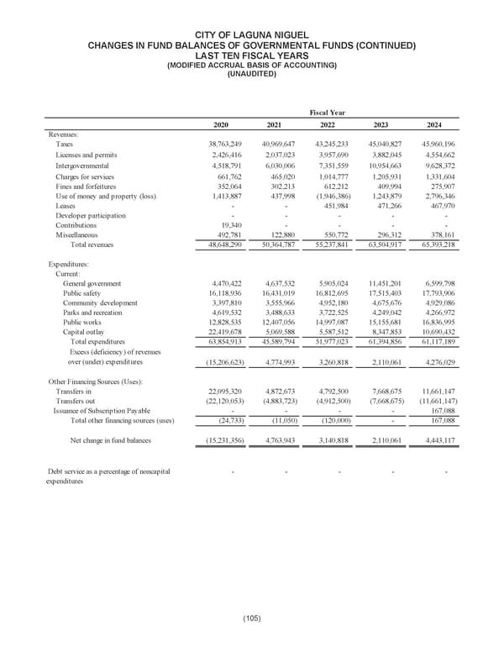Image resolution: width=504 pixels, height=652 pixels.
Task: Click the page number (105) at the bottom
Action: [251, 618]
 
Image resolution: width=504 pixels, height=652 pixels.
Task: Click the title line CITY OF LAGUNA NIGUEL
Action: [251, 34]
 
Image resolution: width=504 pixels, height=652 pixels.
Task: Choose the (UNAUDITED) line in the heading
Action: [251, 74]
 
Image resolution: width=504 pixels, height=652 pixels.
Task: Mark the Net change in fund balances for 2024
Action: [437, 439]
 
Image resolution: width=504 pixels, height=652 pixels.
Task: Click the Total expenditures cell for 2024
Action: [437, 342]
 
